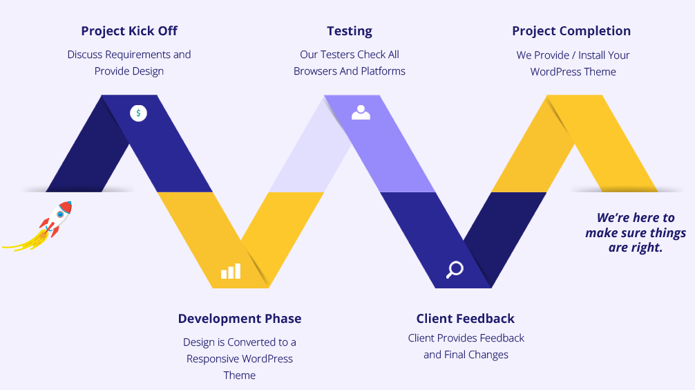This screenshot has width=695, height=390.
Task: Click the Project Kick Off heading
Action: click(x=129, y=31)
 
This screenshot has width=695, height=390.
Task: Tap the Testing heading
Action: click(x=350, y=32)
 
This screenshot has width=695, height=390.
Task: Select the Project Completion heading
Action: click(x=571, y=31)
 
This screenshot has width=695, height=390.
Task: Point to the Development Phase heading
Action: click(x=239, y=319)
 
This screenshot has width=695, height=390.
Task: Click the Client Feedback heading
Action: click(x=466, y=319)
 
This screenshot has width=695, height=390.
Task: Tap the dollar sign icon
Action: click(x=138, y=113)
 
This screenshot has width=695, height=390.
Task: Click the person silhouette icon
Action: click(x=361, y=113)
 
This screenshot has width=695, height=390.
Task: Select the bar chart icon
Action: click(x=231, y=270)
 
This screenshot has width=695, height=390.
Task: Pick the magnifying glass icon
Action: click(x=455, y=269)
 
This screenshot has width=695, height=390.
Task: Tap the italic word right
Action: click(x=646, y=248)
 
